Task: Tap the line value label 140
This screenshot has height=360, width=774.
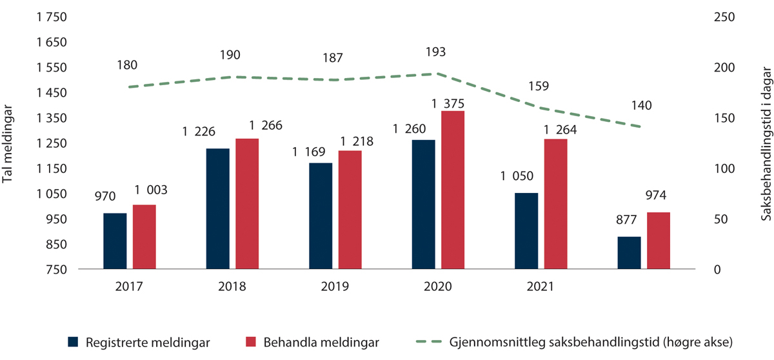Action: pyautogui.click(x=645, y=106)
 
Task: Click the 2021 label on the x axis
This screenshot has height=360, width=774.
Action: pyautogui.click(x=540, y=286)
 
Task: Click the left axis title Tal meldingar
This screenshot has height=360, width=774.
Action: pyautogui.click(x=8, y=143)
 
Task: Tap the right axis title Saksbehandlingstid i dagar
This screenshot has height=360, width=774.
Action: pyautogui.click(x=765, y=143)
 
